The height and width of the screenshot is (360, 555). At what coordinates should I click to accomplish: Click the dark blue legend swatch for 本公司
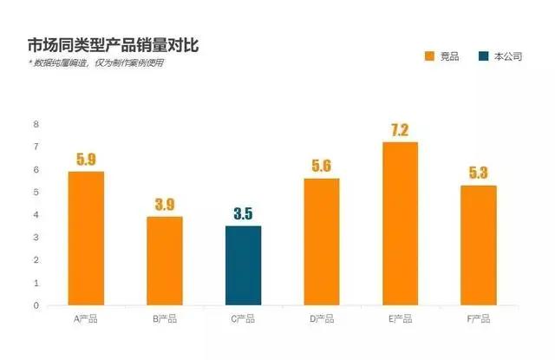[x=484, y=56]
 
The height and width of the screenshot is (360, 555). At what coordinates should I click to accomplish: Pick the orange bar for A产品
[x=86, y=239]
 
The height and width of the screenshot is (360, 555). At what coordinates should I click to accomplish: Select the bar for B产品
[x=164, y=261]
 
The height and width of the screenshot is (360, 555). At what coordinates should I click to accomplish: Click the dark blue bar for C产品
[x=243, y=265]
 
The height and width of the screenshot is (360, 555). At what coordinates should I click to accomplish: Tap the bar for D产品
[x=321, y=242]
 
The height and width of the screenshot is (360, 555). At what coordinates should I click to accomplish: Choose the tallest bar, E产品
[x=400, y=224]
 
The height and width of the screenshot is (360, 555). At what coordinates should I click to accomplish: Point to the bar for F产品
[x=478, y=245]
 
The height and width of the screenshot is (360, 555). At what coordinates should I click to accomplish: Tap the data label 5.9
[x=86, y=160]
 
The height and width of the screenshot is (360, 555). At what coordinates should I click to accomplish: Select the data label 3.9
[x=164, y=205]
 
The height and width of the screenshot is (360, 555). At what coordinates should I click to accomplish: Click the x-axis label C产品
[x=243, y=319]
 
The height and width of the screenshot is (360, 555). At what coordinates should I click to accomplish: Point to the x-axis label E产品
[x=400, y=319]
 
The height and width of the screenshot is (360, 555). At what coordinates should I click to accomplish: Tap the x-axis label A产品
[x=86, y=319]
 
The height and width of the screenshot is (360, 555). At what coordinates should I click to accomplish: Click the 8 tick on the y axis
[x=36, y=124]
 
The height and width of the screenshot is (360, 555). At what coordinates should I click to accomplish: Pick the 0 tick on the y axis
[x=36, y=305]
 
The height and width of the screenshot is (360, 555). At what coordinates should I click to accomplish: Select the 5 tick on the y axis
[x=36, y=192]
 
